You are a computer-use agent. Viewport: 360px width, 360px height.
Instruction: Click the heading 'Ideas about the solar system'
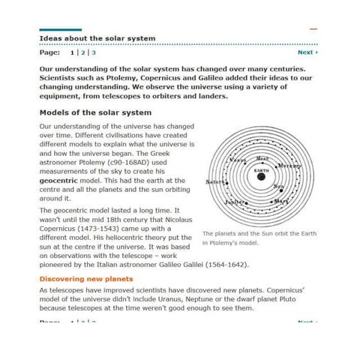coord(97,37)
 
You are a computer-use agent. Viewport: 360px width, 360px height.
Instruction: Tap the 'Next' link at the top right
coord(307,52)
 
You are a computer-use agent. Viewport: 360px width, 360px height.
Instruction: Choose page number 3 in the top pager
coord(94,52)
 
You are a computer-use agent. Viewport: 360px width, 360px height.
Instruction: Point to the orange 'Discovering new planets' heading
coord(85,279)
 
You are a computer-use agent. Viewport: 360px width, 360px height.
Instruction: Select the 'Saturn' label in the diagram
coord(214,181)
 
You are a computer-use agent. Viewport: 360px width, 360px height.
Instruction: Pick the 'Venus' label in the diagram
coord(238,160)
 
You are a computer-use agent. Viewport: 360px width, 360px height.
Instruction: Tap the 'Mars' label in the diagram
coord(281,201)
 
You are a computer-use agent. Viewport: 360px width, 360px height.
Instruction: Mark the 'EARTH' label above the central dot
coord(261,171)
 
